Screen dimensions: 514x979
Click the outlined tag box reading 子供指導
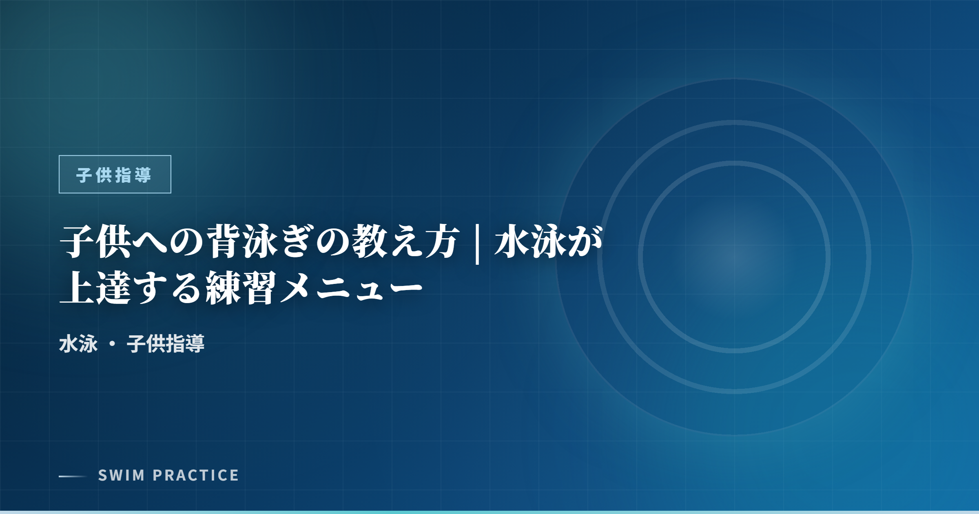[115, 174]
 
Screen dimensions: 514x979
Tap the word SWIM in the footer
[121, 476]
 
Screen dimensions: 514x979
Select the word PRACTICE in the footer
[196, 476]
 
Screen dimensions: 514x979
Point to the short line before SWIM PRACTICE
[73, 476]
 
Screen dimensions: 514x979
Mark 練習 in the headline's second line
[241, 288]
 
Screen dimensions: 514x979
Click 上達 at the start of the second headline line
[95, 288]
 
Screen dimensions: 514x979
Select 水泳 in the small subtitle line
[78, 343]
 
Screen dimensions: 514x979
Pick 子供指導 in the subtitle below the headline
[166, 343]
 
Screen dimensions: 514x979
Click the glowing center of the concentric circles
[734, 257]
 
